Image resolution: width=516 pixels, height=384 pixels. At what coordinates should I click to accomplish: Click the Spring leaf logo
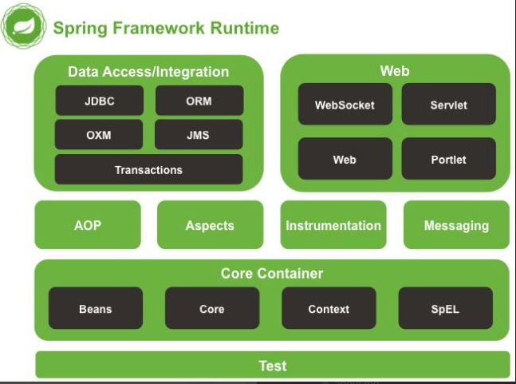[x=22, y=27]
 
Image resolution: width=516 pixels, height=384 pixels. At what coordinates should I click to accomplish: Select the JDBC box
[x=99, y=101]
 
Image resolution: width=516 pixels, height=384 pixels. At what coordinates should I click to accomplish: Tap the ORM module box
[x=199, y=101]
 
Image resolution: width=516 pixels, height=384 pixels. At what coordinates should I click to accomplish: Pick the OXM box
[x=99, y=135]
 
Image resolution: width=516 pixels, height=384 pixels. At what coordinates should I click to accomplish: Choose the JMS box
[x=199, y=135]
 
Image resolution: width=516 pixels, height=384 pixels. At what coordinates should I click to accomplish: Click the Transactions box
[x=148, y=169]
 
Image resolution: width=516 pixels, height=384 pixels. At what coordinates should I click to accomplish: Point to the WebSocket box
[x=345, y=105]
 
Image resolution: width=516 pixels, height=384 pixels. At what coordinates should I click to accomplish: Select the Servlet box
[x=448, y=105]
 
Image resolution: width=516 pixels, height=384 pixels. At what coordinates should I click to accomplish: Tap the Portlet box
[x=448, y=159]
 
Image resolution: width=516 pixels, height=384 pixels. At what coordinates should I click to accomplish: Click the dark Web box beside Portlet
[x=345, y=159]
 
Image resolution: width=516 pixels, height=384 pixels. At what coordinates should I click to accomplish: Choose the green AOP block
[x=88, y=225]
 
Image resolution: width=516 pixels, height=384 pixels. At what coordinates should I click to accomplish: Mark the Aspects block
[x=210, y=225]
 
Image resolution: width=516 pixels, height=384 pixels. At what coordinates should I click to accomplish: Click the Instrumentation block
[x=333, y=225]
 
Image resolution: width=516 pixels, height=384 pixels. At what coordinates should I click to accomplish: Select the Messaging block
[x=456, y=225]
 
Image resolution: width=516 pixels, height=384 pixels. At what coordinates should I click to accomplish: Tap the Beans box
[x=96, y=308]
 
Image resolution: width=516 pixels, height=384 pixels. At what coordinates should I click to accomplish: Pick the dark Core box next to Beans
[x=212, y=308]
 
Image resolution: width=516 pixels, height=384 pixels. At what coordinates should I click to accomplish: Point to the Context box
[x=329, y=308]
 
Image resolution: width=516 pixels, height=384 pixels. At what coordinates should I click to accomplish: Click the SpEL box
[x=445, y=308]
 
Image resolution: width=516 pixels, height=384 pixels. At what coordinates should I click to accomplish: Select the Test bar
[x=272, y=365]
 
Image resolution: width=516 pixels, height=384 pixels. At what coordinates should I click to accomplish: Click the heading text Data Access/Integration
[x=148, y=72]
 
